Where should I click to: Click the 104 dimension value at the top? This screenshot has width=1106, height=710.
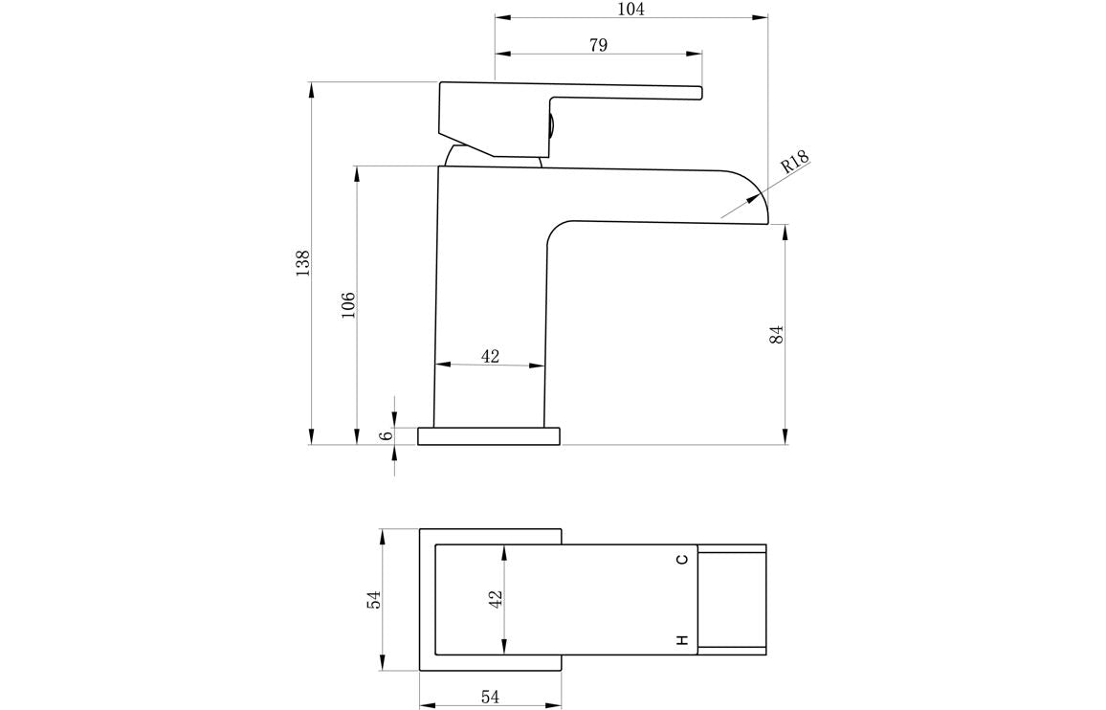630,10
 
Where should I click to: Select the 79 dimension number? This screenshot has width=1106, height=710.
598,45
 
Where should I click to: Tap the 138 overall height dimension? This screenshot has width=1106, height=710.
303,263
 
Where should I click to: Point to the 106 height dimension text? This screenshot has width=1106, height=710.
348,305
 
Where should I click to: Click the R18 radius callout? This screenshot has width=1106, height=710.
794,162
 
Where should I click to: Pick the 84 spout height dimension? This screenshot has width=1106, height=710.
777,334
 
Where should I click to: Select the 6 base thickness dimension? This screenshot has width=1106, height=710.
387,435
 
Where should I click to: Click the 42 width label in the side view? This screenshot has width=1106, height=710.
490,356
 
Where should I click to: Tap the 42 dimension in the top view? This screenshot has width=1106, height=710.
495,600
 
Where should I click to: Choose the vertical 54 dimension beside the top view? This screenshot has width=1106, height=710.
374,599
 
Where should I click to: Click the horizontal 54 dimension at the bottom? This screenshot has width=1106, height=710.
490,698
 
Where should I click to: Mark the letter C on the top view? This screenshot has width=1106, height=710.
682,560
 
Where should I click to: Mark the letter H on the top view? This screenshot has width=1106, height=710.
682,640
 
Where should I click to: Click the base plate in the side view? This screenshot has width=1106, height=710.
489,436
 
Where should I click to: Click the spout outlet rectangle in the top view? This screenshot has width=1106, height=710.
732,600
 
